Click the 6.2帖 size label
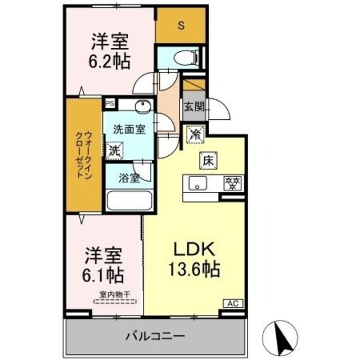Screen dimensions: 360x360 pyautogui.click(x=111, y=60)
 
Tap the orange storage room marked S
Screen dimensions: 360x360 pyautogui.click(x=181, y=25)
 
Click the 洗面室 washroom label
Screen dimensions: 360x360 pyautogui.click(x=129, y=128)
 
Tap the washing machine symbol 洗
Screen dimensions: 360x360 pyautogui.click(x=115, y=150)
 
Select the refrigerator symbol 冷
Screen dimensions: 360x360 pyautogui.click(x=195, y=134)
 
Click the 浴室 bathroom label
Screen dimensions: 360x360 pyautogui.click(x=129, y=178)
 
